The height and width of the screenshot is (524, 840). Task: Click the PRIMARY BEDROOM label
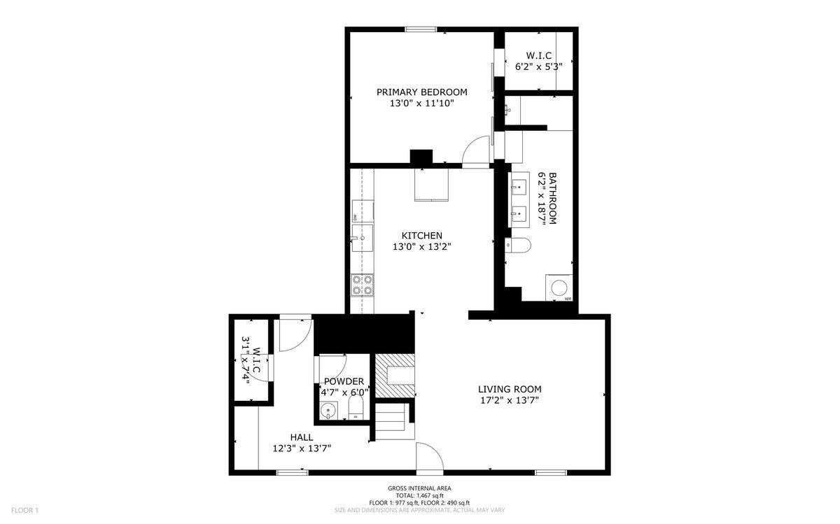tap(422, 92)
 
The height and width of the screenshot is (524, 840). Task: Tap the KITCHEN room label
tap(422, 236)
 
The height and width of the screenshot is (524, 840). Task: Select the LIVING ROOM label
tap(510, 390)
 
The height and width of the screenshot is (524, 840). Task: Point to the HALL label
tap(302, 437)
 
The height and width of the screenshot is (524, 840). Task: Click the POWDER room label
tap(344, 381)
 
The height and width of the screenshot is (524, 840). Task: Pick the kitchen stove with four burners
tap(363, 285)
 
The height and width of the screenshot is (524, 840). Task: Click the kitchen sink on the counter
tap(363, 238)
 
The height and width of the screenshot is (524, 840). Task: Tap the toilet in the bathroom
tap(518, 246)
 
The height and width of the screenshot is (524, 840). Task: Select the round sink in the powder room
tap(329, 411)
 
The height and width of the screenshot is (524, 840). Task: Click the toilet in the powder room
tap(356, 408)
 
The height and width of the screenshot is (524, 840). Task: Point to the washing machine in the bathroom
tap(559, 288)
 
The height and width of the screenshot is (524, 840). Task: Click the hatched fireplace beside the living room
tap(395, 376)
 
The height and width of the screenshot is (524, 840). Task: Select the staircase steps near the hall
tap(391, 422)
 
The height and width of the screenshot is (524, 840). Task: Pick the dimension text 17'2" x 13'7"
tap(510, 401)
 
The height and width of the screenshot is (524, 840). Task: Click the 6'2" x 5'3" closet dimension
tap(539, 67)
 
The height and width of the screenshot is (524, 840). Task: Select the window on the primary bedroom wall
tap(421, 29)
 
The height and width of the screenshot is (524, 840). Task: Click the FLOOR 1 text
tap(24, 510)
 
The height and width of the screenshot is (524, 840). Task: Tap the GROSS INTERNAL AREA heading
tap(419, 488)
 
